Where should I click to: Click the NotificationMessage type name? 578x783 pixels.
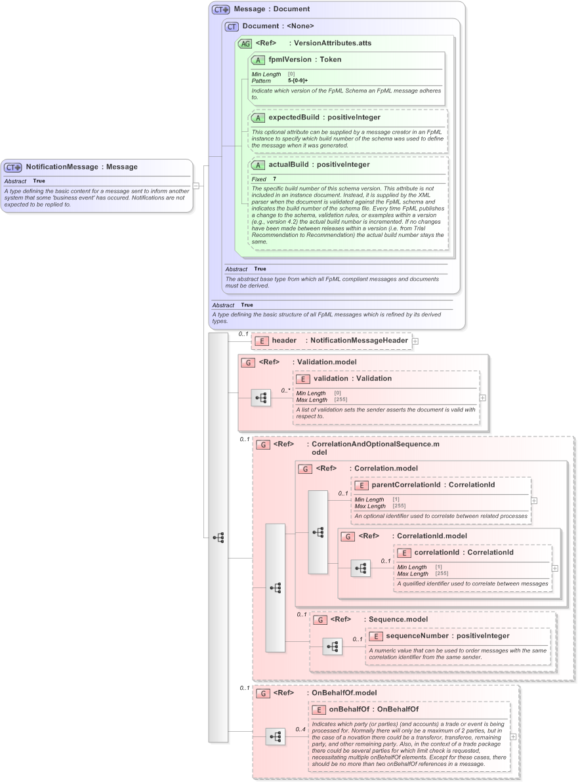coord(62,167)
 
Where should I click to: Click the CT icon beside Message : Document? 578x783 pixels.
coord(220,9)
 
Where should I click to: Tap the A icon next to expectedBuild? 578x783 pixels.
coord(258,117)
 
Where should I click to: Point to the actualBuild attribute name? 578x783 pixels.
coord(288,165)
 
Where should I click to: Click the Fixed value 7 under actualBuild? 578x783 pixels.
coord(274,179)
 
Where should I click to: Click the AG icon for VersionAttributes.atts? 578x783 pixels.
coord(245,43)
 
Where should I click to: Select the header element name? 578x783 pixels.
coord(284,341)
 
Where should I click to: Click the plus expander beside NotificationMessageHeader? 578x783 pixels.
coord(415,341)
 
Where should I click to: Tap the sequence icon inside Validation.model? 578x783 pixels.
coord(260,398)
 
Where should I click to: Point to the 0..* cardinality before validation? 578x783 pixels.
coord(285,391)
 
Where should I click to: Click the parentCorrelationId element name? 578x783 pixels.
coord(406,485)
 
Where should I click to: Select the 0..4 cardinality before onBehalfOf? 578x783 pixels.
coord(300,729)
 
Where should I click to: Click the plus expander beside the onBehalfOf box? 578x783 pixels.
coord(513,736)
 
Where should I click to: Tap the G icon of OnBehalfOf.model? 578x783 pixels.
coord(263,693)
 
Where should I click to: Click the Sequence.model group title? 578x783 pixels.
coord(398,619)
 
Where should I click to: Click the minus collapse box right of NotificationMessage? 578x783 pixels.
coord(196,186)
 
